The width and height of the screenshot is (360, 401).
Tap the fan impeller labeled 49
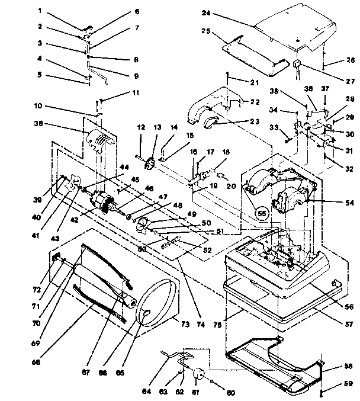coord(139,225)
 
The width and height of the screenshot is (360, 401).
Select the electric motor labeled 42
coord(104,205)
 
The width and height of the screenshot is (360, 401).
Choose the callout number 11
coord(135,93)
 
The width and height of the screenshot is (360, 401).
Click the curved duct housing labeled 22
coord(207,107)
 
